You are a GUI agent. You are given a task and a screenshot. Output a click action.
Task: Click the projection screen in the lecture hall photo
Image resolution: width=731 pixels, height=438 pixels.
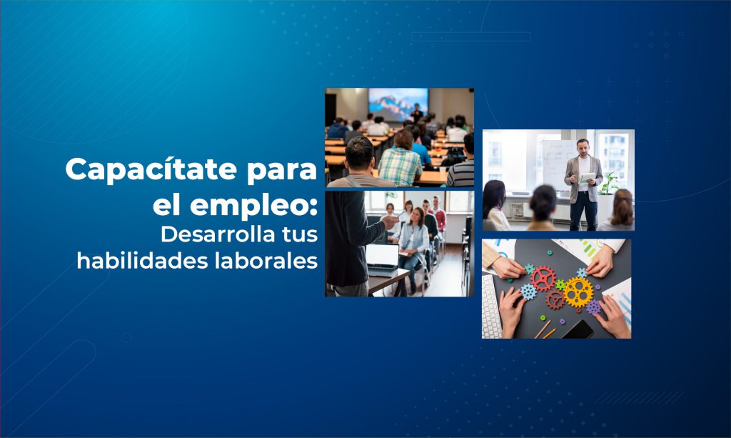point(398,103)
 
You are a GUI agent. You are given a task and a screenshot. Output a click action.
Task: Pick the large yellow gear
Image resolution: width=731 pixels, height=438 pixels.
point(578,291)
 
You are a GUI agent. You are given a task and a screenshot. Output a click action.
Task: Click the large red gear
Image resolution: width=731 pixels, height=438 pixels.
point(543,279)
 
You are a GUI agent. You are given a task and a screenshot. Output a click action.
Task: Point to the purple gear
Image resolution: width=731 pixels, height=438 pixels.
point(594,307)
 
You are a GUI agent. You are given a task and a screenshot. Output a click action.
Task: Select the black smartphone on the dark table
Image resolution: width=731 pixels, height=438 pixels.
point(577,329)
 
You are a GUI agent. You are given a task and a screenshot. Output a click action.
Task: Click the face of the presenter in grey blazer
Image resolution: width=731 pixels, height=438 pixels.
point(583,146)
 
